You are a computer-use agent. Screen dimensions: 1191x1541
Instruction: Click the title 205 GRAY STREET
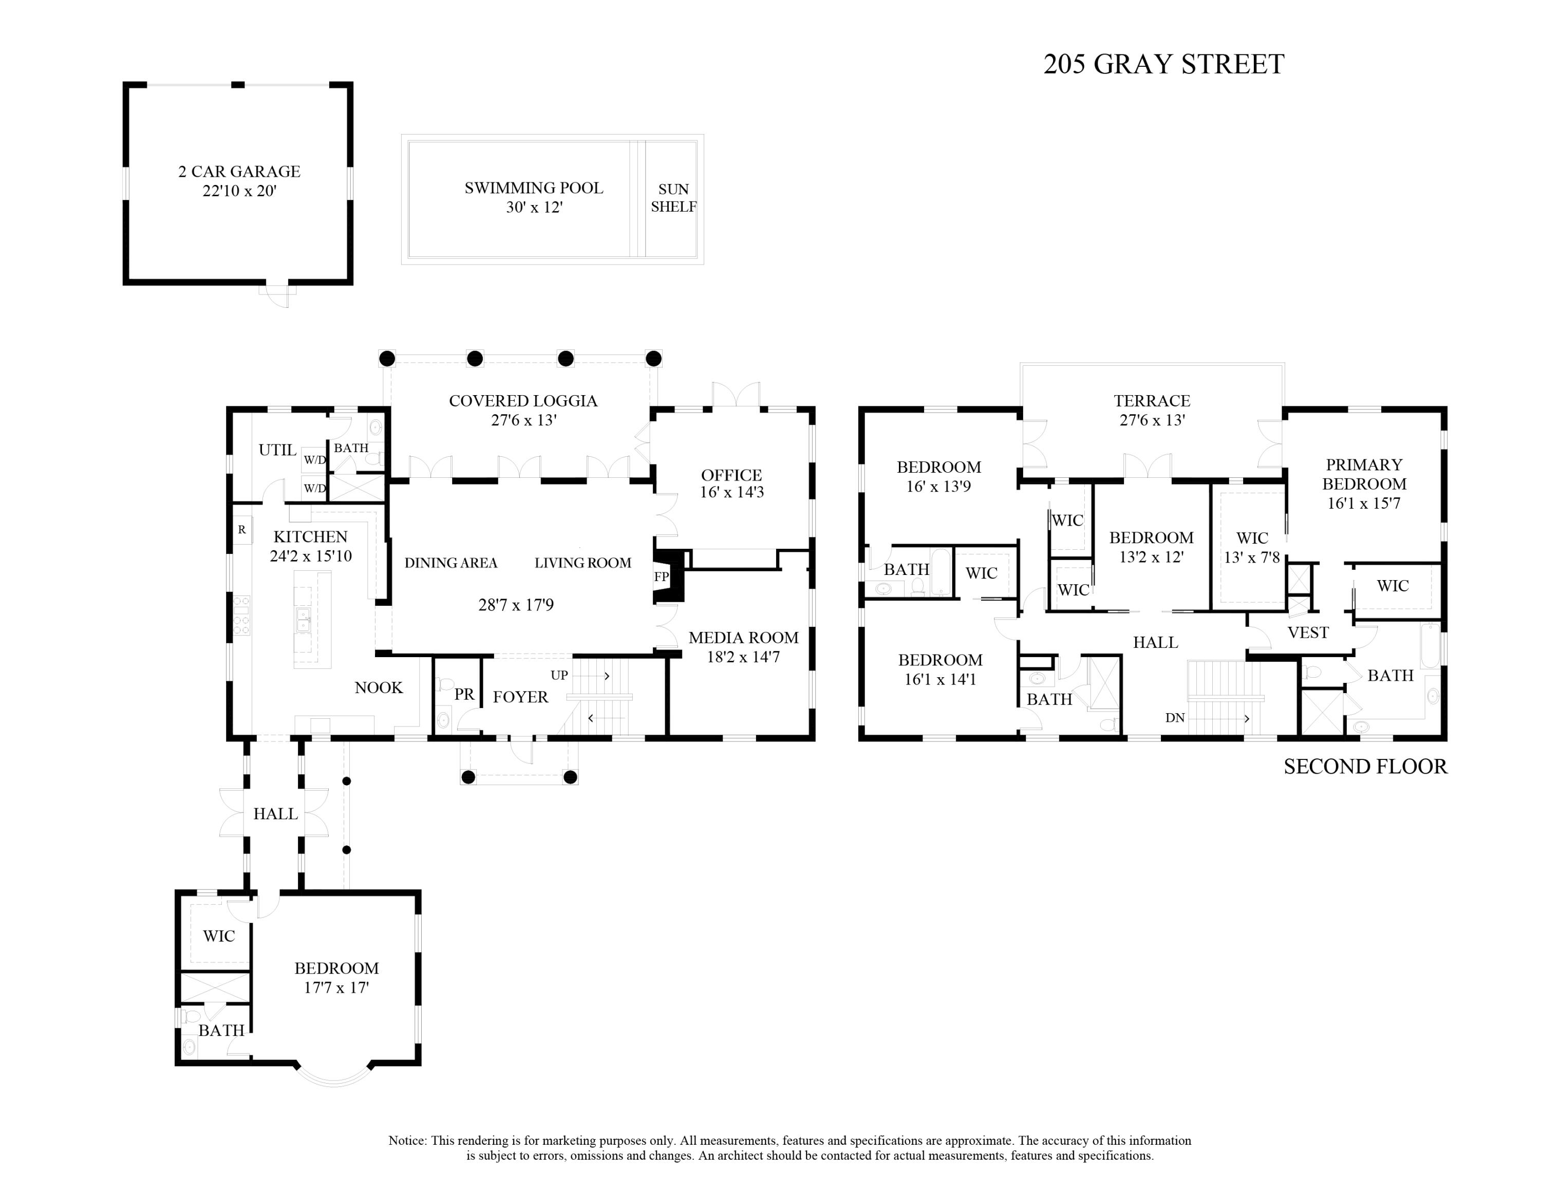click(1163, 64)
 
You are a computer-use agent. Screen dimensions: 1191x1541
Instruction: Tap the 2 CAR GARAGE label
click(239, 181)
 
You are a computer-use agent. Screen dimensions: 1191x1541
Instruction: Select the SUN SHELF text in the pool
click(673, 198)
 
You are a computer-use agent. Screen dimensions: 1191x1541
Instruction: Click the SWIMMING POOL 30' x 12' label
click(533, 198)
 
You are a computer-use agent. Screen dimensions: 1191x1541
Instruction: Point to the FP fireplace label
click(661, 576)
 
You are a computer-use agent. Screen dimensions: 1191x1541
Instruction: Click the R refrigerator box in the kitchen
click(242, 529)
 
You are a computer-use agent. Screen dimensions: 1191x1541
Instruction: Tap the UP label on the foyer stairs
click(559, 675)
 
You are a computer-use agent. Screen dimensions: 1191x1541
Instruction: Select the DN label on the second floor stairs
click(1175, 718)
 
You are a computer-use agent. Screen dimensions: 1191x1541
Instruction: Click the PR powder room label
click(463, 694)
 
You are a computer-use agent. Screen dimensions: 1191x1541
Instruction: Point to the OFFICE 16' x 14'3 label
click(731, 483)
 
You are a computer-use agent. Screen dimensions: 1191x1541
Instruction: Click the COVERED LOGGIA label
click(523, 410)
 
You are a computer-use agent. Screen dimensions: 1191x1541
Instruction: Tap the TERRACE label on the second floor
click(1152, 410)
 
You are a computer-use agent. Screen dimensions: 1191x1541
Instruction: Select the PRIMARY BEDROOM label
click(1364, 483)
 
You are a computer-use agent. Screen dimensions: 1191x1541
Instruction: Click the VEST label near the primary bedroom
click(1307, 632)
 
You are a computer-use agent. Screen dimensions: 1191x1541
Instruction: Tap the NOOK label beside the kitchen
click(378, 688)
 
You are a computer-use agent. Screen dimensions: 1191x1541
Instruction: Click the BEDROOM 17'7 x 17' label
click(336, 977)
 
